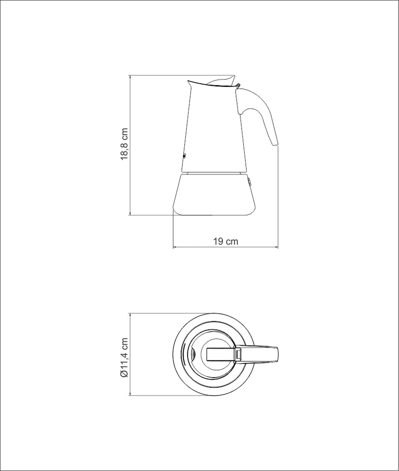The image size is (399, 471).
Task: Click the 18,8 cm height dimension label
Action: pos(124,144)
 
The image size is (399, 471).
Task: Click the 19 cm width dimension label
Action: pos(226,241)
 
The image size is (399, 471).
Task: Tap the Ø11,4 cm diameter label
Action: pos(124,357)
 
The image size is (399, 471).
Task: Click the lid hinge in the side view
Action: pos(238,85)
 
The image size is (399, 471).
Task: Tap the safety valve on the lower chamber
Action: pos(249,183)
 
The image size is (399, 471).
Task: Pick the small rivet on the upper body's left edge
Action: pos(184,156)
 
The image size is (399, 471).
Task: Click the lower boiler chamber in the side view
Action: pos(214,194)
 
